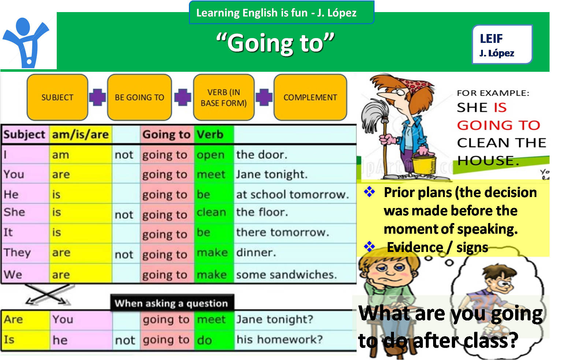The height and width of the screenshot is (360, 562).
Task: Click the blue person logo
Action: [26, 43]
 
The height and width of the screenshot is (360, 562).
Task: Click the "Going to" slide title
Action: [275, 43]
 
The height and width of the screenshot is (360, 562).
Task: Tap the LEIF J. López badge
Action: [502, 44]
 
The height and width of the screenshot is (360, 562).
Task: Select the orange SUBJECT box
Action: [57, 97]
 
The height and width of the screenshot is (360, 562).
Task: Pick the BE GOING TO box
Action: [139, 97]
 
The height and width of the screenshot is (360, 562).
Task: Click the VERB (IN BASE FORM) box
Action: [224, 97]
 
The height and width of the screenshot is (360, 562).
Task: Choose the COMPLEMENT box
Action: [310, 97]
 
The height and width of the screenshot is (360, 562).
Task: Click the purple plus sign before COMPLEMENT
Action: [264, 97]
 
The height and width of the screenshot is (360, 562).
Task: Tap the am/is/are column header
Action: [80, 134]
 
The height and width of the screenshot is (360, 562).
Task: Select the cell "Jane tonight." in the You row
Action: [272, 174]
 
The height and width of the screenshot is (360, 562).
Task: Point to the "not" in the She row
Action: [124, 215]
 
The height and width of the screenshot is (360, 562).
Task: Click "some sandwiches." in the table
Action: [286, 275]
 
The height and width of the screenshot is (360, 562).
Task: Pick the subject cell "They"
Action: [17, 253]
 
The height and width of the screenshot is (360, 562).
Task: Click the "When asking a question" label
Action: [172, 303]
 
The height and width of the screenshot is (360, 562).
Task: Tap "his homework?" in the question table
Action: [280, 339]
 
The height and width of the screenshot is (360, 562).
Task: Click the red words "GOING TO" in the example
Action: [498, 125]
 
